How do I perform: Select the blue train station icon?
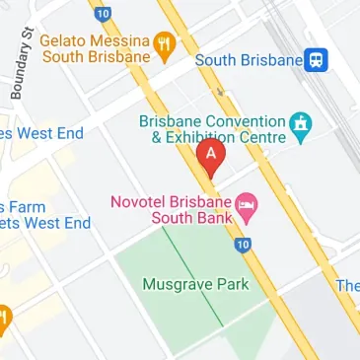pyautogui.click(x=317, y=60)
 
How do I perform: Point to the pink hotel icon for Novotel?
pyautogui.click(x=247, y=207)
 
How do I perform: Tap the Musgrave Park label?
pyautogui.click(x=196, y=285)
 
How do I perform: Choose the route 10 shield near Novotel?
pyautogui.click(x=244, y=245)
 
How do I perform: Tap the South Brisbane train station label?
pyautogui.click(x=248, y=60)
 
